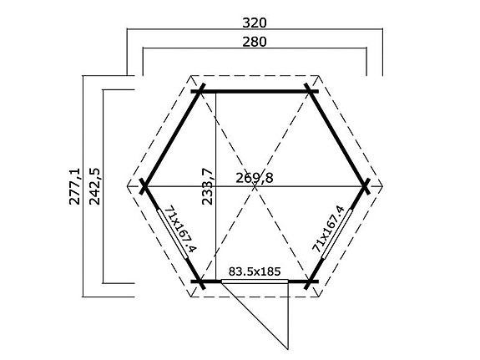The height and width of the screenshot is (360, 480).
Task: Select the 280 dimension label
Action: (x=255, y=41)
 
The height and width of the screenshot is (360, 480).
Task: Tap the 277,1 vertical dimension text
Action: (x=75, y=185)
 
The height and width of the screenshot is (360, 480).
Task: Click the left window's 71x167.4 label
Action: (x=178, y=228)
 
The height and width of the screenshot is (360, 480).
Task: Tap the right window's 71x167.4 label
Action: (x=328, y=228)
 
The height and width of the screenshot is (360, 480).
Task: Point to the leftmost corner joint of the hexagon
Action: (x=144, y=185)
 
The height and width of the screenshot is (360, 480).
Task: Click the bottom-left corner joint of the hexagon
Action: (x=200, y=282)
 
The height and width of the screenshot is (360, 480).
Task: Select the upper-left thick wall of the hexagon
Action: (x=172, y=137)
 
